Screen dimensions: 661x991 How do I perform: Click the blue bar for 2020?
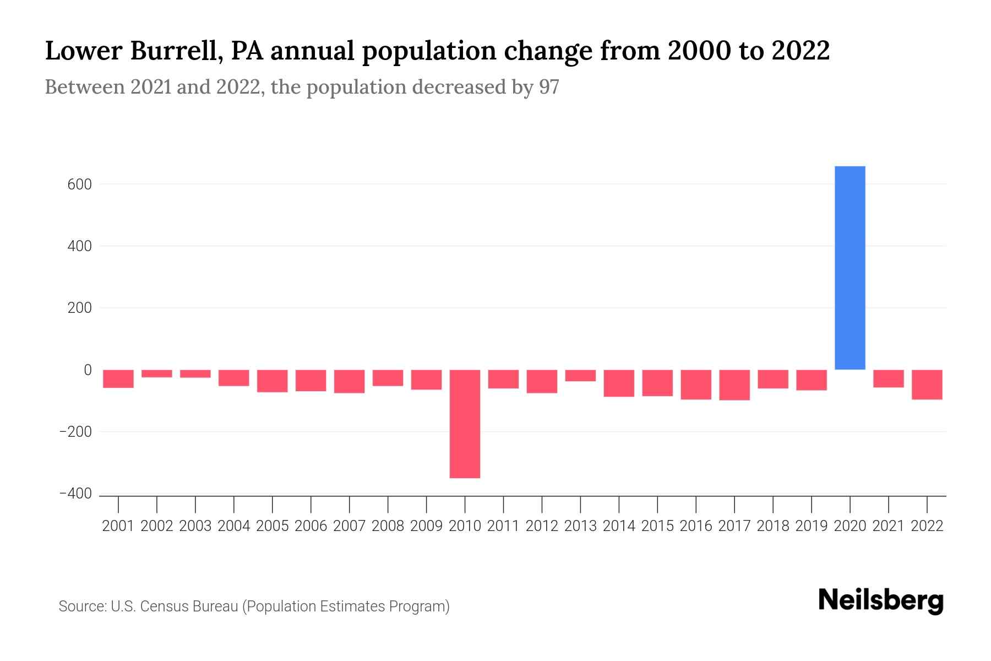pos(850,268)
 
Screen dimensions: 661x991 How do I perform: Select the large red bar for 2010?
pos(465,424)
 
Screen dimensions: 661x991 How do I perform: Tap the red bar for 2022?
pos(927,384)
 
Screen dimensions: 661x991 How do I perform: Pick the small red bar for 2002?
pos(157,373)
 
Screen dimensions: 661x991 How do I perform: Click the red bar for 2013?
pos(580,376)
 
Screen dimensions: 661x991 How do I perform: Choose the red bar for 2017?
pos(734,385)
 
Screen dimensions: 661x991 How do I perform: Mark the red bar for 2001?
pos(118,379)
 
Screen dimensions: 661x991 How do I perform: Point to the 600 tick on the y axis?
pos(79,185)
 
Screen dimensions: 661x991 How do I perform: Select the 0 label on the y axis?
pos(87,370)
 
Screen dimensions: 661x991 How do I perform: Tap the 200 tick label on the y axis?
pos(79,308)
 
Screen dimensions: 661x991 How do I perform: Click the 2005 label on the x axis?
pos(273,526)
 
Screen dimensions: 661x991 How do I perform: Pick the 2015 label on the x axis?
pos(657,526)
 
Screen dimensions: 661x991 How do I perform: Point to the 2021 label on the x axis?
pos(888,526)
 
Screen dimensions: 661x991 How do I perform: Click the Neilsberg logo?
pos(881,601)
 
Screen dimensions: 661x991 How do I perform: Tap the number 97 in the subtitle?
pos(549,87)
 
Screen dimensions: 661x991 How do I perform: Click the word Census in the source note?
pos(164,606)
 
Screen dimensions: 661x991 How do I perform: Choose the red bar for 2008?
pos(388,378)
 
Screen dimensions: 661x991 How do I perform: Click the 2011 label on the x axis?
pos(503,526)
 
